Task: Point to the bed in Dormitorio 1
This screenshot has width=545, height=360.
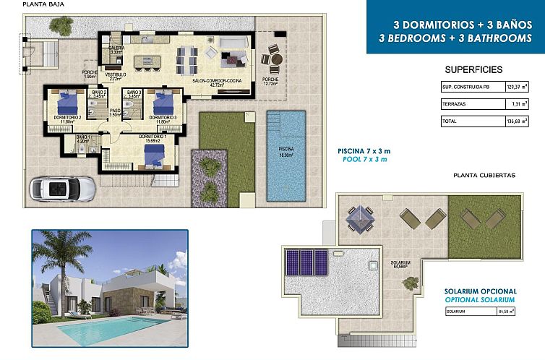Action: [x=153, y=154]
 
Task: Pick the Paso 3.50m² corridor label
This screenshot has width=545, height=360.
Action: [x=114, y=113]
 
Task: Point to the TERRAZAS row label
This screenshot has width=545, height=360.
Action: [x=455, y=104]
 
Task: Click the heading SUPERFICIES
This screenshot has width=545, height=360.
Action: [x=473, y=69]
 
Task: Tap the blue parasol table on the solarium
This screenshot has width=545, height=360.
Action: [x=359, y=216]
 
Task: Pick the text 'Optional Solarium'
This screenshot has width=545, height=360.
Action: [x=479, y=299]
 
